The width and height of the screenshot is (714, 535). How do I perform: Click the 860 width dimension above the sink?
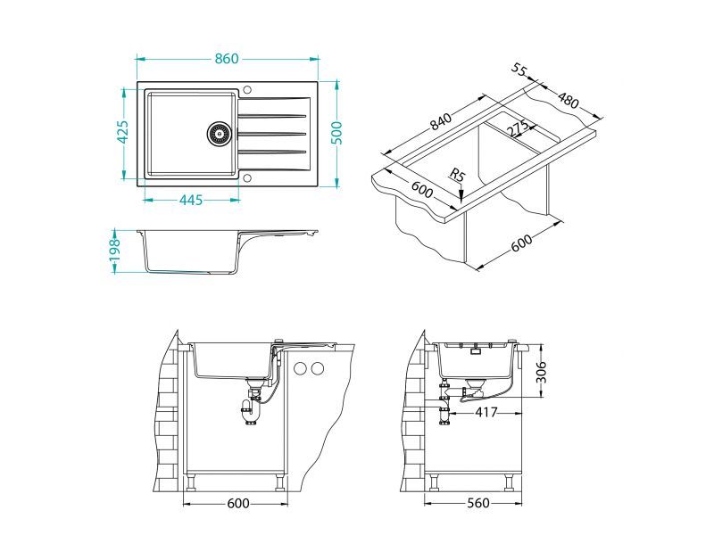coord(227,59)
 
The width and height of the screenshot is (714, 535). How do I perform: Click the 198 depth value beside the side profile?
coord(114,251)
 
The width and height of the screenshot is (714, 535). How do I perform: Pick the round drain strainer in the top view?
coord(218,133)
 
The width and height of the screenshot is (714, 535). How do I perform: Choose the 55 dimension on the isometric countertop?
coord(520,70)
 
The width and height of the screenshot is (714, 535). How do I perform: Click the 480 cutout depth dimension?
coord(568,100)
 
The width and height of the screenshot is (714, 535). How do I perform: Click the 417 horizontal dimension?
coord(486,413)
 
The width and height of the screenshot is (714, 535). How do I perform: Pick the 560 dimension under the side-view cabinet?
coord(479,504)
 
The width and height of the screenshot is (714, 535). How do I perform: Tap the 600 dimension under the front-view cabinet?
coord(237,504)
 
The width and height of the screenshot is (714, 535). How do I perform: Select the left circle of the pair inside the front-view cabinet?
coord(301,368)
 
